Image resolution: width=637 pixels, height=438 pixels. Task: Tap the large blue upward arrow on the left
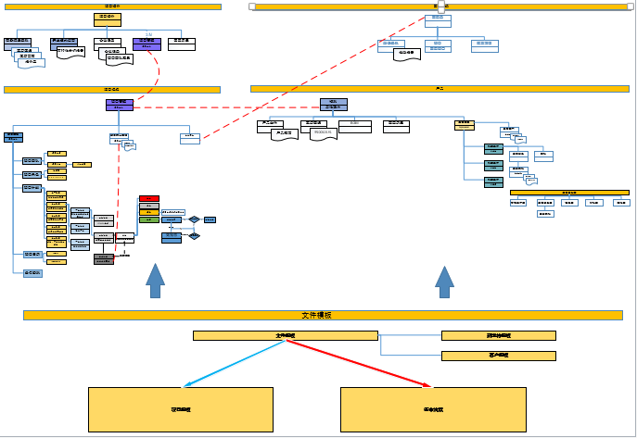tap(155, 281)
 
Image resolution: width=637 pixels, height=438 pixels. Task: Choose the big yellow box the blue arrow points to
tap(181, 409)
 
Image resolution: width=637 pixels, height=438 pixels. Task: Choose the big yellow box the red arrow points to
tap(433, 409)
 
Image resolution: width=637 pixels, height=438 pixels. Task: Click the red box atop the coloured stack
tap(149, 198)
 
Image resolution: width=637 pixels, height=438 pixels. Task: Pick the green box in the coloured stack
tap(149, 219)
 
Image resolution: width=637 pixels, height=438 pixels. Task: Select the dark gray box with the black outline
tap(104, 258)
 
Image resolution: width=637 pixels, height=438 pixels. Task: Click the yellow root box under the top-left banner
tap(108, 19)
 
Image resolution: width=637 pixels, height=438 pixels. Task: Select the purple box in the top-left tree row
tap(147, 43)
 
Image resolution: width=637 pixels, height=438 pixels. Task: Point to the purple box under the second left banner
tap(120, 105)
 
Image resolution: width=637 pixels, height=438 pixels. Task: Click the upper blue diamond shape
tap(194, 219)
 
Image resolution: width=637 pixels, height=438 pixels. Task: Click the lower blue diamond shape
tap(195, 236)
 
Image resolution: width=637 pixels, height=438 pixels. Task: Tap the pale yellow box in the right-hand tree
tap(465, 124)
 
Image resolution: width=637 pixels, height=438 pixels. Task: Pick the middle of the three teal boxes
tap(493, 164)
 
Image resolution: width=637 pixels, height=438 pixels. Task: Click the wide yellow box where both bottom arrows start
tap(286, 335)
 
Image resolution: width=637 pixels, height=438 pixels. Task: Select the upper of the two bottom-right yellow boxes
tap(498, 335)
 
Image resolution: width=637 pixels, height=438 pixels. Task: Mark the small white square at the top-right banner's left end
tap(253, 6)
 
